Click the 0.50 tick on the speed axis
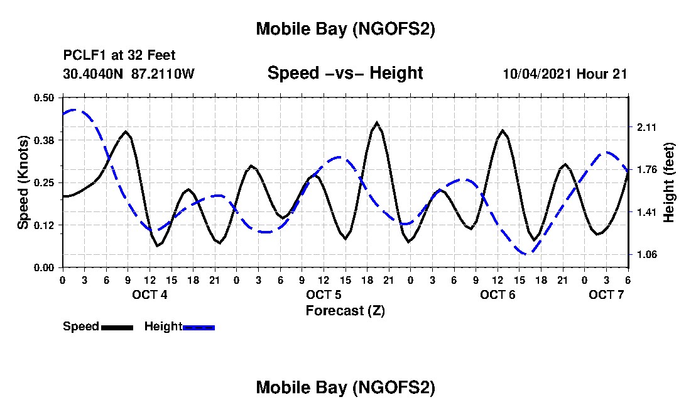point(45,97)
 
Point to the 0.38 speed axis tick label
point(45,140)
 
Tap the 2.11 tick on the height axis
point(646,127)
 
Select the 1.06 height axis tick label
point(646,255)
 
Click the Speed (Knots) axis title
point(23,182)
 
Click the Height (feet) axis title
point(669,182)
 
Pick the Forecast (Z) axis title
point(345,310)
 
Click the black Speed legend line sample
point(117,327)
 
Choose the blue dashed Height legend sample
point(199,327)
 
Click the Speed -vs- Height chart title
point(345,73)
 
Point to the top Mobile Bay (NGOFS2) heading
point(345,29)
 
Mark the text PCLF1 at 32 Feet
point(119,55)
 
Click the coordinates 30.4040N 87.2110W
point(129,74)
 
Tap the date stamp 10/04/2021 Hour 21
point(565,74)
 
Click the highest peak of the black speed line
point(377,123)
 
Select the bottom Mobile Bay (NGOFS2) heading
point(345,388)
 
